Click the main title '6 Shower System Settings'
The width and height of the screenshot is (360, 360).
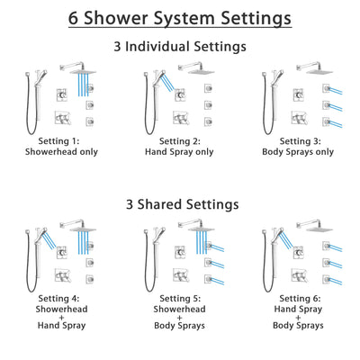(180, 17)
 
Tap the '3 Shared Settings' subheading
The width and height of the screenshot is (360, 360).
(180, 203)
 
